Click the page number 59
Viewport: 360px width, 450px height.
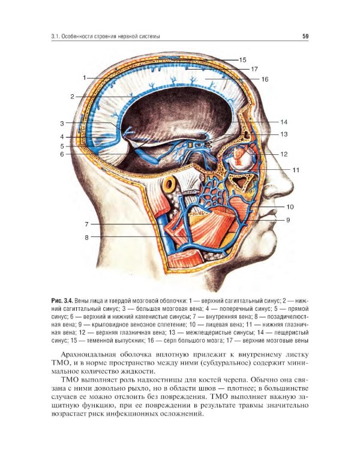[305, 37]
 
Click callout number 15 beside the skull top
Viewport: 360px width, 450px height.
[242, 59]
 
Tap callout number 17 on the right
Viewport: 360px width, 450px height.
[254, 69]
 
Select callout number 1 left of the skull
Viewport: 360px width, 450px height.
[85, 78]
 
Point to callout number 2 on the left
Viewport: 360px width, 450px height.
[73, 97]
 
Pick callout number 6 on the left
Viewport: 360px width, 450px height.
[62, 154]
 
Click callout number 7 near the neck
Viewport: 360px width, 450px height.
[86, 224]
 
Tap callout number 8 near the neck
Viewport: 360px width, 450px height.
[86, 238]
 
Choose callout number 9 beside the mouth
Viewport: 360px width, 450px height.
[288, 220]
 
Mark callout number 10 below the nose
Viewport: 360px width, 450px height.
[290, 206]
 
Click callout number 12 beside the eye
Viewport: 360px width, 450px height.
[284, 154]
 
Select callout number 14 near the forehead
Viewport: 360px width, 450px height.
[284, 122]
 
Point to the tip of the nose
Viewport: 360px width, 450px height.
[293, 188]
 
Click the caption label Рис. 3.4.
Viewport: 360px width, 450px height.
[62, 301]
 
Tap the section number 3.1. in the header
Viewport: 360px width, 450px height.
[55, 37]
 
